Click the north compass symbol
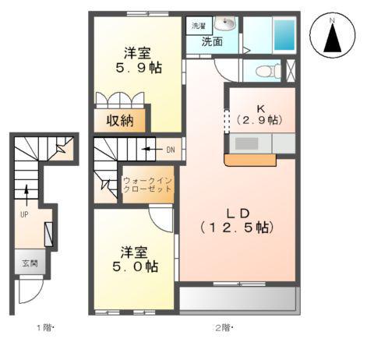click(x=333, y=37)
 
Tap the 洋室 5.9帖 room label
click(x=137, y=60)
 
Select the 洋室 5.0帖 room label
click(x=135, y=259)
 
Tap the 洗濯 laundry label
click(x=199, y=26)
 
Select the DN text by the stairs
click(x=170, y=149)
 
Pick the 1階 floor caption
click(x=42, y=327)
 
